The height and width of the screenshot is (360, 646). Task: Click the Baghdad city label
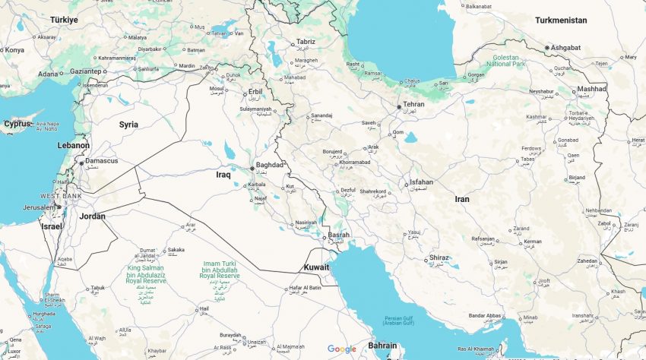(270, 164)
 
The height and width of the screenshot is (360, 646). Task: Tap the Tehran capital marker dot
(399, 107)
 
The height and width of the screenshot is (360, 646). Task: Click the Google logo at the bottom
(342, 349)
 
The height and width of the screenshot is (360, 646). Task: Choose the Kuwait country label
(316, 267)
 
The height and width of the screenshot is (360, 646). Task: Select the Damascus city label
(101, 161)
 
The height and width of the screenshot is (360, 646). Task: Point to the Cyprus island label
(17, 124)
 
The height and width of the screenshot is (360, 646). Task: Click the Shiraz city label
(439, 257)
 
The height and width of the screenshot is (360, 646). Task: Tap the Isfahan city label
(421, 182)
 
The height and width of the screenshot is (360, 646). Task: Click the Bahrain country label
(382, 346)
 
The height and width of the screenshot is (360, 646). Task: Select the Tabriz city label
(306, 42)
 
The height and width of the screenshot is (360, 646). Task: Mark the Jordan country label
(92, 216)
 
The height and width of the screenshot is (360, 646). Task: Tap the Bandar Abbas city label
(485, 316)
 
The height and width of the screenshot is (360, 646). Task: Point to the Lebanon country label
(74, 145)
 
